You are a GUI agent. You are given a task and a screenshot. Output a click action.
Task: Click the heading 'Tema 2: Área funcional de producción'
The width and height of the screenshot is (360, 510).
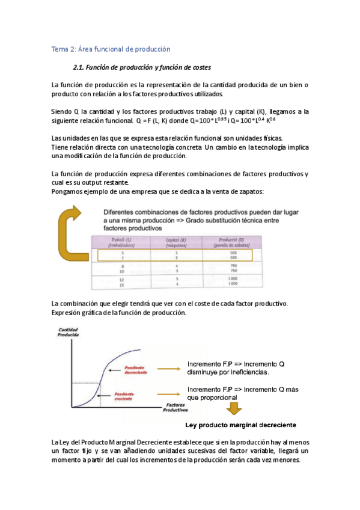[111, 49]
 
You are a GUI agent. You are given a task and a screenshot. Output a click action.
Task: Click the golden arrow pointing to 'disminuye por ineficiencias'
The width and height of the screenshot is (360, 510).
[167, 368]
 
